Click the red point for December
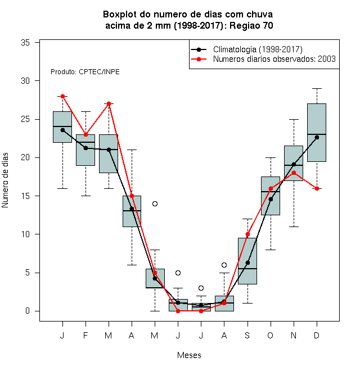317,188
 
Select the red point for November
294,173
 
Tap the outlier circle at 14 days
155,203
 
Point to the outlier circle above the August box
224,265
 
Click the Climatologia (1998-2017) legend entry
247,49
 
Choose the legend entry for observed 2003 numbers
263,59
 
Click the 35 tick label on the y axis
25,43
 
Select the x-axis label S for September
247,335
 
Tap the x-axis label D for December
317,335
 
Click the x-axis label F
85,335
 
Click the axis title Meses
189,355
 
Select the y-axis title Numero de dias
5,180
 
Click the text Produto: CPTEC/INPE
85,72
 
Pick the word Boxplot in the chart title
120,15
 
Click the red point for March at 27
109,103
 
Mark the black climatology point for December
317,138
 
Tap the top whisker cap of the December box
317,88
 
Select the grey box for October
271,196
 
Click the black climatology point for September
247,263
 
